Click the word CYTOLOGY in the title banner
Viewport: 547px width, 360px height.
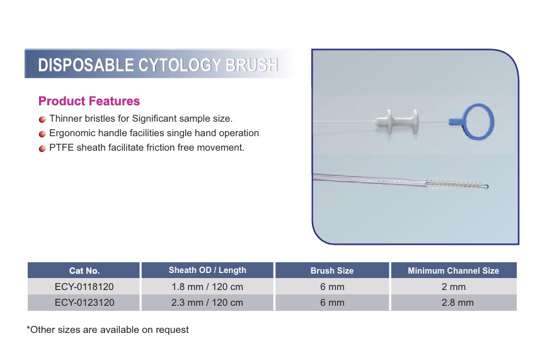coord(180,65)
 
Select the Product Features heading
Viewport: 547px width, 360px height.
coord(89,101)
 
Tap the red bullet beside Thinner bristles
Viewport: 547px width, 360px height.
coord(42,119)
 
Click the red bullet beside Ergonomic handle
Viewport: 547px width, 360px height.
coord(42,134)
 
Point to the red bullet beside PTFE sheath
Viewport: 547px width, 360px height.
coord(42,149)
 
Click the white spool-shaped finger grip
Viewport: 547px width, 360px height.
coord(397,122)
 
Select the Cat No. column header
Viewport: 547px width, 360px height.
coord(84,270)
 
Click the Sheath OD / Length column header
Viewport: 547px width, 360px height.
coord(207,270)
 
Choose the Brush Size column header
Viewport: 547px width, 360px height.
coord(332,270)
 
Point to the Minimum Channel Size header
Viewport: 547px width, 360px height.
coord(454,270)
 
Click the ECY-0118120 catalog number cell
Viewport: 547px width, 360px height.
coord(84,287)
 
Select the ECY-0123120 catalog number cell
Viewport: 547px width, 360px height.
coord(84,303)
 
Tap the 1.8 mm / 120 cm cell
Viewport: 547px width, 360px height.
coord(207,287)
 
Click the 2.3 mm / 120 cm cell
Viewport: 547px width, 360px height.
coord(207,303)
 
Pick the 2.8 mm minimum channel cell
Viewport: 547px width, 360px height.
coord(458,303)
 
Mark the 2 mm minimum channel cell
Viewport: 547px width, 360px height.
coord(454,287)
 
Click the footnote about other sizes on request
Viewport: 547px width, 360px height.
coord(108,330)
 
